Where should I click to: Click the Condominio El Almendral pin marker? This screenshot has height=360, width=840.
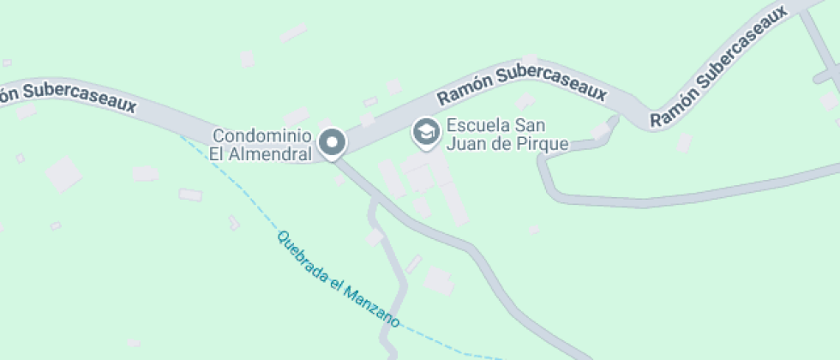click(x=333, y=141)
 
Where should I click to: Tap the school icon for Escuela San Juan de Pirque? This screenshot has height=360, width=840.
click(x=424, y=132)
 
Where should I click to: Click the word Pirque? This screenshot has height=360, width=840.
click(x=546, y=143)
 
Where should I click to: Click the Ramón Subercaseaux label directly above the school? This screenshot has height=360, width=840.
click(x=521, y=84)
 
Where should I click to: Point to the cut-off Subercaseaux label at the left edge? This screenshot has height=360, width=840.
click(x=68, y=96)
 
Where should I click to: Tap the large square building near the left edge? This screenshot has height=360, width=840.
click(x=63, y=174)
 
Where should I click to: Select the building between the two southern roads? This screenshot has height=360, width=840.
click(x=440, y=280)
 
